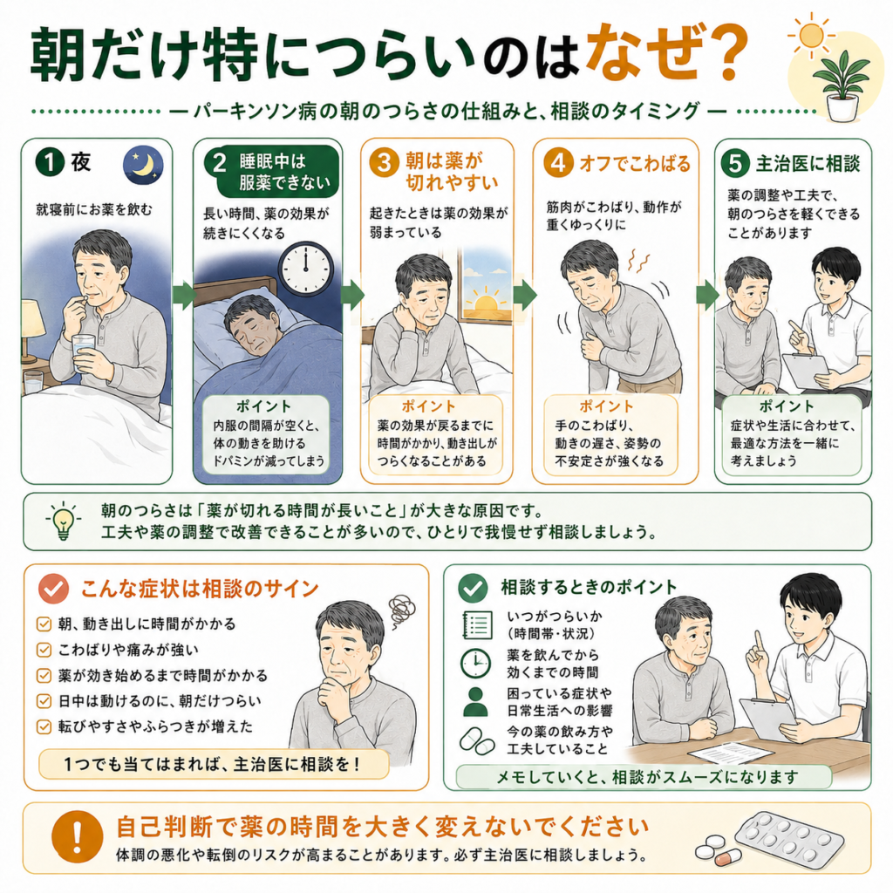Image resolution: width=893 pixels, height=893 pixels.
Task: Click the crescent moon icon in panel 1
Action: (x=143, y=166)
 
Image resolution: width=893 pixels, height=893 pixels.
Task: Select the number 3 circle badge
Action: (x=384, y=162)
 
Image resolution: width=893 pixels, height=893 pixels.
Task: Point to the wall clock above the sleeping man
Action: (x=306, y=269)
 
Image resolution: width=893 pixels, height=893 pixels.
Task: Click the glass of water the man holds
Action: (x=84, y=353)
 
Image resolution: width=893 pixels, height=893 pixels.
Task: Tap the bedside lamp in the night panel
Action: (x=32, y=331)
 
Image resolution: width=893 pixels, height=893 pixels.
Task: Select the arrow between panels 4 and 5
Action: (x=706, y=295)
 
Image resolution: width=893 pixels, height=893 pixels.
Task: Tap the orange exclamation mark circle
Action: (x=77, y=837)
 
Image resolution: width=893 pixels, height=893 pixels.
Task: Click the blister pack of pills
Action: (x=788, y=837)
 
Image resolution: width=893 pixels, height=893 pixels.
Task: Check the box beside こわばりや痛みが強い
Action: (x=44, y=650)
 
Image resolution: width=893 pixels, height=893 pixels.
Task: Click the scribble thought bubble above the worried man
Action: (x=401, y=610)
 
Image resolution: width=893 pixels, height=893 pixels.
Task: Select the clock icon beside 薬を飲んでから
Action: (x=475, y=664)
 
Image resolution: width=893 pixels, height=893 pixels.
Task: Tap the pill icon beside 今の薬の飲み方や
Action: (x=477, y=740)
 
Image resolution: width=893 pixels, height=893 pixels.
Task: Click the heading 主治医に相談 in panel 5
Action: (x=808, y=164)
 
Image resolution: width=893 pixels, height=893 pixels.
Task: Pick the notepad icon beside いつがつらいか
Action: (x=477, y=624)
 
